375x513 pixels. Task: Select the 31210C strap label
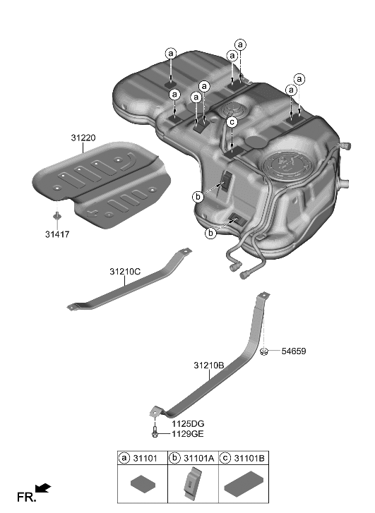[126, 271]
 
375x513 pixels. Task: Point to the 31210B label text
[209, 366]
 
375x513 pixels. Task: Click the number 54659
[294, 351]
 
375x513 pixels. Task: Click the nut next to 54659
[263, 351]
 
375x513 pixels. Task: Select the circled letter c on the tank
[231, 122]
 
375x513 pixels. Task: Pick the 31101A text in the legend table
[200, 458]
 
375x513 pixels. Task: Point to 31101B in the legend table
[249, 458]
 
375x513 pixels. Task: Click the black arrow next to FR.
[43, 488]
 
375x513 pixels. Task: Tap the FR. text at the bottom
[25, 497]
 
